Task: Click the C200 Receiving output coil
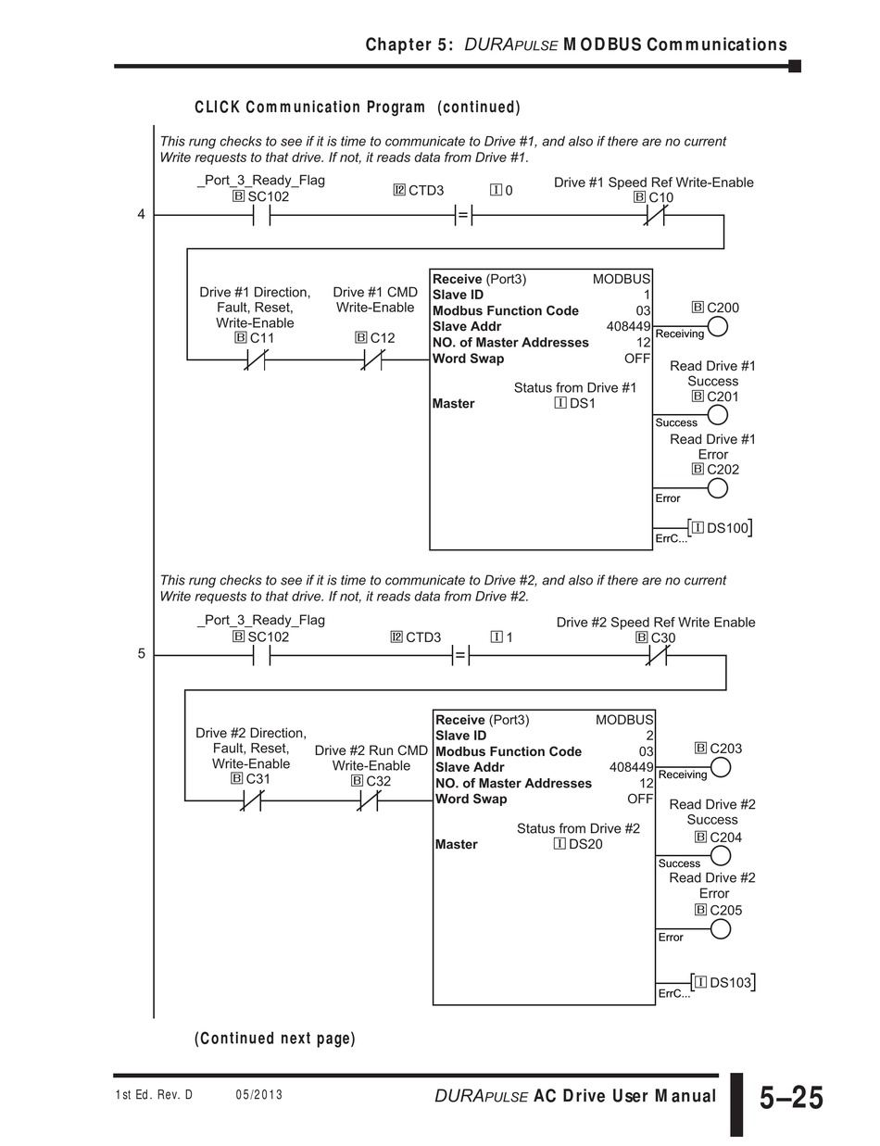716,326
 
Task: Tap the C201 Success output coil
716,415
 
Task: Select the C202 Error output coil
716,488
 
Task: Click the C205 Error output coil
720,928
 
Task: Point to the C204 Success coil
720,855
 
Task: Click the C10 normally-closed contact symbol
655,215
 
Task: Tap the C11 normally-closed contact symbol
256,359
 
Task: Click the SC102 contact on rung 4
261,215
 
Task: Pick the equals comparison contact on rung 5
460,655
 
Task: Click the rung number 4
142,215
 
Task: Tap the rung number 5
142,654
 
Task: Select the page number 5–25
790,1098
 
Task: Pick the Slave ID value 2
649,736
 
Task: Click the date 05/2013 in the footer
259,1095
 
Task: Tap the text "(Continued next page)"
275,1039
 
